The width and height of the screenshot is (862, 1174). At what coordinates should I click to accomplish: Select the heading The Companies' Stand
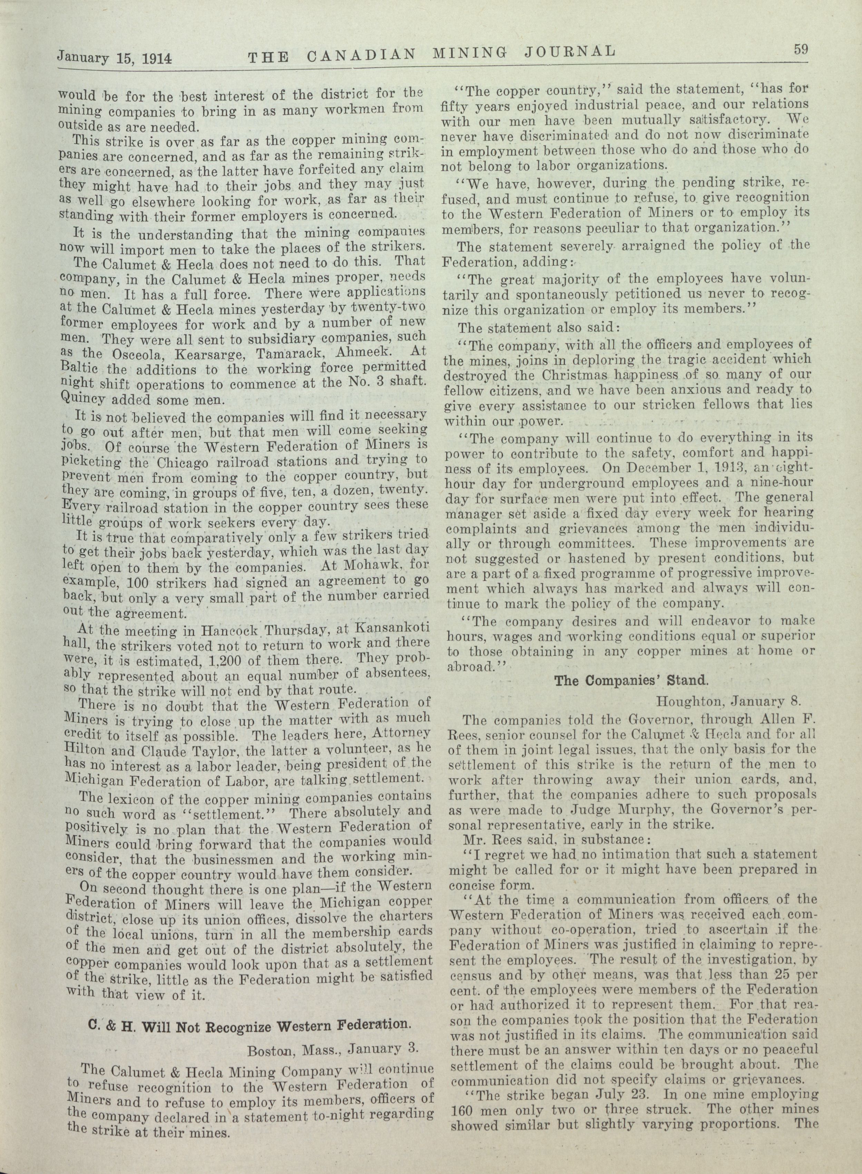pyautogui.click(x=624, y=680)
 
